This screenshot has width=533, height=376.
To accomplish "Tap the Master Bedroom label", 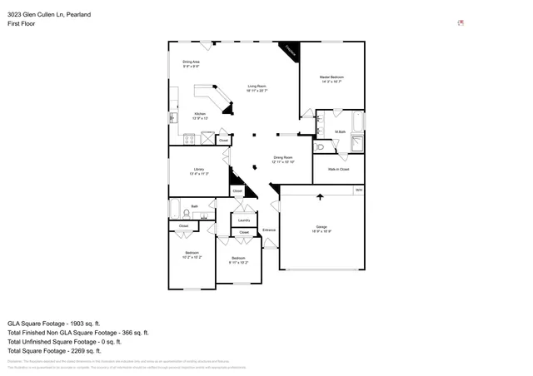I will pos(331,78).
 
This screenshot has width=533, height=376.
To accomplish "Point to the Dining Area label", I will pos(191,62).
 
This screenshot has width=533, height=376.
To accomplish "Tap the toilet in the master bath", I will pos(321,147).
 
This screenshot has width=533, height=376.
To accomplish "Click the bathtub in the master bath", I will pos(358,122).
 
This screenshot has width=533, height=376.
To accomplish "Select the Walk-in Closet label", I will pos(338,169).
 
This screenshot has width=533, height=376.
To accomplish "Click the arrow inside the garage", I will pos(321,196).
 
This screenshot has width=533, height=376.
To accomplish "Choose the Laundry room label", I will pos(244,220).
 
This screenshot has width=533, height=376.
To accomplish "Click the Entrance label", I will pos(269,230).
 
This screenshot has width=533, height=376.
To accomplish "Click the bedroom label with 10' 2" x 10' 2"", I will pos(192,254).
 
